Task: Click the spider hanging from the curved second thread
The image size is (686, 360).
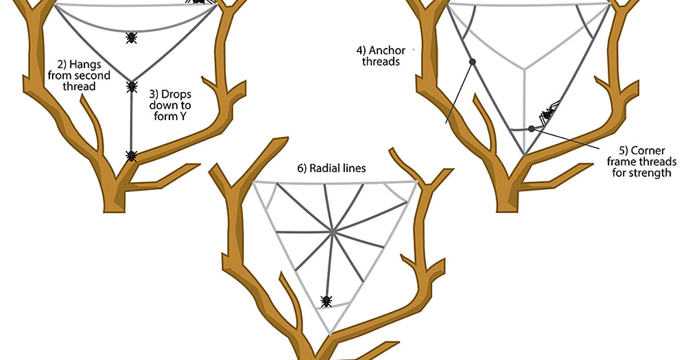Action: pos(131,38)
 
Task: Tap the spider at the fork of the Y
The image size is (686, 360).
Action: pos(131,86)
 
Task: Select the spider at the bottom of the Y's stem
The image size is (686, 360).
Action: pos(131,155)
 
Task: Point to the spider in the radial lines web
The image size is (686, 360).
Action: pos(326,301)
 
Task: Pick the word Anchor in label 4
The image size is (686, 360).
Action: pos(387,50)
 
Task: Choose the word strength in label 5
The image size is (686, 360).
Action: pos(651,173)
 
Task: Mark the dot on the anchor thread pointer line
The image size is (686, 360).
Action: pos(472,61)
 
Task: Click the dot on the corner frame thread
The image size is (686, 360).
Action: pos(532,129)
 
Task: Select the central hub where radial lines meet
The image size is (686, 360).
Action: pos(332,231)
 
